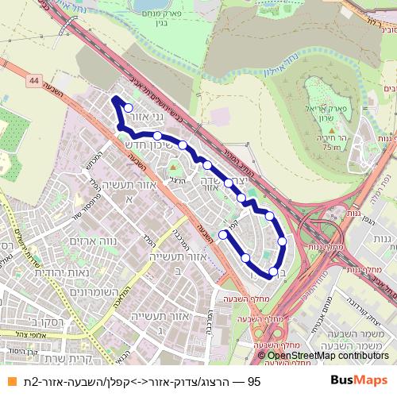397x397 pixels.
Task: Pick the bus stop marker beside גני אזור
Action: click(129, 109)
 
